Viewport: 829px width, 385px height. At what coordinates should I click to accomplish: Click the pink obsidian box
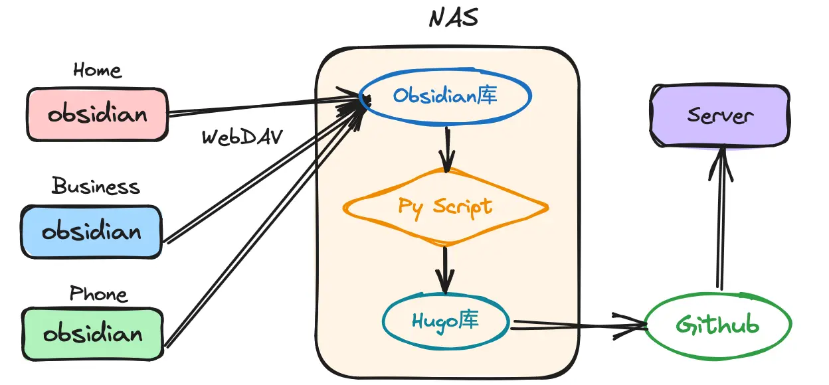tap(97, 114)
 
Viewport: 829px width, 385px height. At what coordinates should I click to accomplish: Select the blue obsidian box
tap(91, 232)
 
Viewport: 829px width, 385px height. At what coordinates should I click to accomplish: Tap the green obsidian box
tap(92, 333)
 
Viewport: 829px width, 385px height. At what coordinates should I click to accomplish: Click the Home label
tap(97, 70)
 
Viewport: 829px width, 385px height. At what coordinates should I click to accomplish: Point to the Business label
tap(96, 186)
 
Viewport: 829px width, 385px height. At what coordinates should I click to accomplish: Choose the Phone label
tap(98, 293)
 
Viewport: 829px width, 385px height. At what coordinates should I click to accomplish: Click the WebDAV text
tap(242, 137)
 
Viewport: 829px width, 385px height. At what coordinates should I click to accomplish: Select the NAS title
tap(454, 17)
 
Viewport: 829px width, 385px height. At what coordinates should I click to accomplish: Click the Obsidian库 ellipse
tap(445, 97)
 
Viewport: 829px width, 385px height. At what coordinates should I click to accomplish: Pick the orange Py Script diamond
tap(445, 206)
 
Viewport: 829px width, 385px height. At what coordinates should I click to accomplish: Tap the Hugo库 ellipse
tap(445, 322)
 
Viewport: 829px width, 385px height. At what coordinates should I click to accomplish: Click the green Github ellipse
tap(717, 325)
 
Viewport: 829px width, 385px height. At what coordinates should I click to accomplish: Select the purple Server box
tap(720, 116)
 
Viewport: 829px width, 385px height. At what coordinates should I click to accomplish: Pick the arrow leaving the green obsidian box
tap(266, 226)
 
